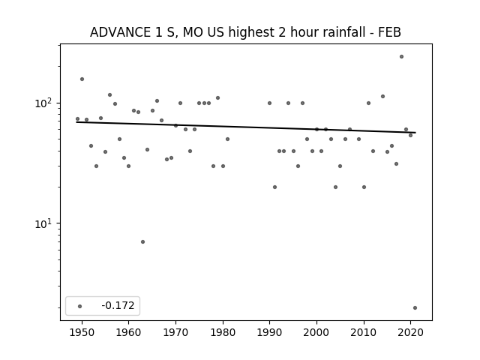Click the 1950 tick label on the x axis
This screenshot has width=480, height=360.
tap(82, 332)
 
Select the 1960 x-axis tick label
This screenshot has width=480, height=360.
tap(128, 332)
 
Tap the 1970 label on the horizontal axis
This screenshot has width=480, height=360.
tap(175, 332)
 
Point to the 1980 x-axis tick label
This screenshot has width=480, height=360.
tap(223, 332)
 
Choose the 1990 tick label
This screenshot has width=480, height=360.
tap(270, 332)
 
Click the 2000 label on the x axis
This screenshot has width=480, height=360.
tap(316, 332)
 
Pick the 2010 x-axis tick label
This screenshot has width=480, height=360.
tap(364, 332)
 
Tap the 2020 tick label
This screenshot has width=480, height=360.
tap(411, 332)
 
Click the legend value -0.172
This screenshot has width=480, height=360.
tap(118, 305)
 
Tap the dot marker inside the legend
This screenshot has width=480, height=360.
tap(80, 306)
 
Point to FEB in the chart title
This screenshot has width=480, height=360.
tap(390, 32)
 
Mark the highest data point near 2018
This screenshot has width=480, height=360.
tap(402, 57)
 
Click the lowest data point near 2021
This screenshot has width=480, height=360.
tap(415, 308)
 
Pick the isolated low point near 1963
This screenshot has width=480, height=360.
tap(143, 241)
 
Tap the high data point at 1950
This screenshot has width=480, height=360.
tap(82, 79)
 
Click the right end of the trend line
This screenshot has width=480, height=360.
tap(415, 133)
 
